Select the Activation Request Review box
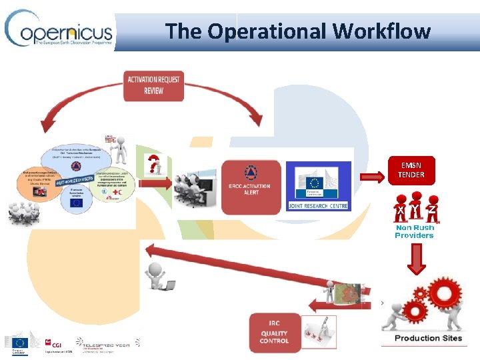[x=153, y=85]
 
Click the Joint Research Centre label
[x=317, y=205]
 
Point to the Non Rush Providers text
[x=414, y=231]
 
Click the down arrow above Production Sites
[x=415, y=259]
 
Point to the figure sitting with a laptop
[x=159, y=276]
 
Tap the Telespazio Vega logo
[x=107, y=342]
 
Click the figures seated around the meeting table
[x=23, y=213]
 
